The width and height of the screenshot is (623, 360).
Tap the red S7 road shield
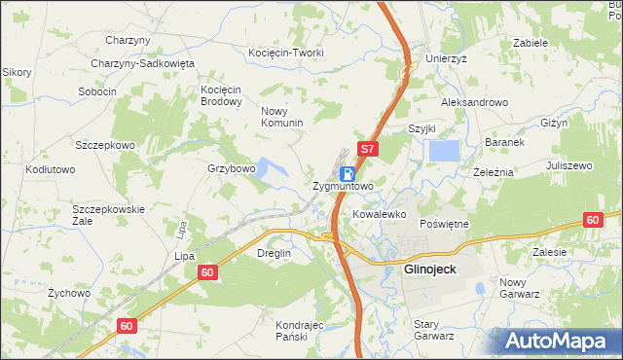[x=367, y=151]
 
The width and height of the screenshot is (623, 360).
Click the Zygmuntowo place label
[x=343, y=185]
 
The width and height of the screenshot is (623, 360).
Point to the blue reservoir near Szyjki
[x=444, y=151]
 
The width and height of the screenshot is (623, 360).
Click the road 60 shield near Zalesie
[x=593, y=220]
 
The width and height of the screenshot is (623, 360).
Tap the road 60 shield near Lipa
[x=206, y=273]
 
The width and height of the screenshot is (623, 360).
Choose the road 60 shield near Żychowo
[x=126, y=325]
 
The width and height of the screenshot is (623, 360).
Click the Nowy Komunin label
[x=282, y=117]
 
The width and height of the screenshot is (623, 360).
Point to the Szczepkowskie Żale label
[x=108, y=215]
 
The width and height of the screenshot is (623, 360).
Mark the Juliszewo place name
[x=569, y=166]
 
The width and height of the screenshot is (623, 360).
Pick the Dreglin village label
[x=273, y=253]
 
